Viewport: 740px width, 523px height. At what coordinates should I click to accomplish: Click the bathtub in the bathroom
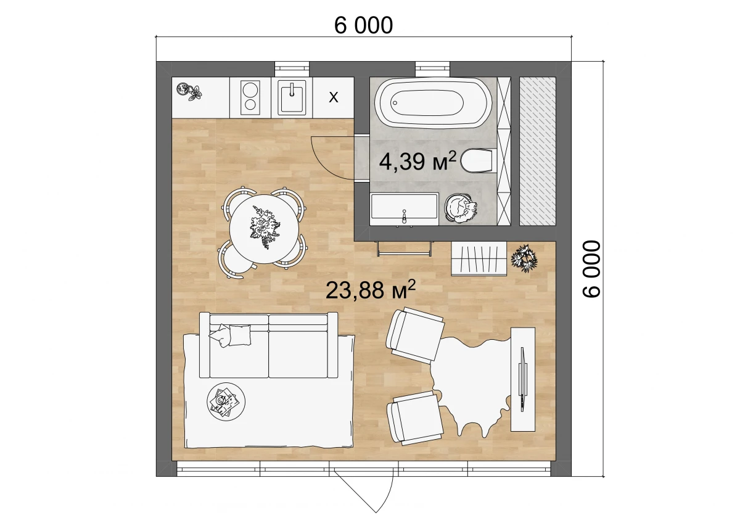point(433,103)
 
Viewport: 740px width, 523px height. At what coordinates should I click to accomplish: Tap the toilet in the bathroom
point(479,160)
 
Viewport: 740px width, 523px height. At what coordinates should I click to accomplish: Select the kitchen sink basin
point(292,97)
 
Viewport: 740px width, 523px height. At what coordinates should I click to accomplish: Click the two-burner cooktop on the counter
point(250,98)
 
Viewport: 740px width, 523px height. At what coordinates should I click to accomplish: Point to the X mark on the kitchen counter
point(334,97)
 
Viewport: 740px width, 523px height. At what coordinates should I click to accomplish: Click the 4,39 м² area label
point(417,161)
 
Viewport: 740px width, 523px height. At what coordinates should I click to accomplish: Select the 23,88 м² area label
point(370,290)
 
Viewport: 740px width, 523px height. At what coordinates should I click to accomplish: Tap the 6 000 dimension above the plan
point(363,25)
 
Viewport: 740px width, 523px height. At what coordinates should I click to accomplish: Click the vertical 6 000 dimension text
point(591,269)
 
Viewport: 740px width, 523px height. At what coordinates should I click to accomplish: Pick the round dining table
point(264,229)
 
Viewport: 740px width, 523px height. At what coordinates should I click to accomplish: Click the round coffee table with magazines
point(226,402)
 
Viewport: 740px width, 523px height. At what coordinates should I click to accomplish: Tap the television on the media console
point(523,379)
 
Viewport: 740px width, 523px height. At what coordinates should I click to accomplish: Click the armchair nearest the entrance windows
point(415,417)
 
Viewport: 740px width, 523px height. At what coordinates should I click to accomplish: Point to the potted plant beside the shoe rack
point(524,258)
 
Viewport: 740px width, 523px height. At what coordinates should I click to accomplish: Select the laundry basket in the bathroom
point(461,208)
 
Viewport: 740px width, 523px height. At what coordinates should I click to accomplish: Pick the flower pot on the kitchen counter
point(189,91)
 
